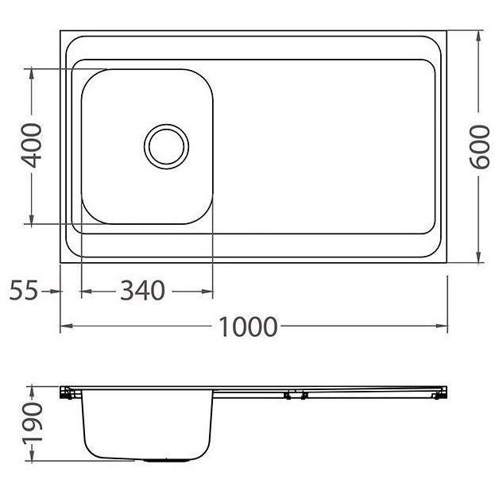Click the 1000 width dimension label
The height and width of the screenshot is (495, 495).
click(x=248, y=327)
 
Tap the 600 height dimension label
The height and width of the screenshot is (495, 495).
click(x=479, y=147)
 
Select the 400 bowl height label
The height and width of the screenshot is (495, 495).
click(x=31, y=145)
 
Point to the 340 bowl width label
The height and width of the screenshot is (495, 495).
click(x=143, y=291)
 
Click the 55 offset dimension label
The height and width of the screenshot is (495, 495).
click(x=24, y=290)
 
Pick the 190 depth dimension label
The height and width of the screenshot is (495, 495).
click(x=33, y=423)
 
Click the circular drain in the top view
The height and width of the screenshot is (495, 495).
click(x=166, y=147)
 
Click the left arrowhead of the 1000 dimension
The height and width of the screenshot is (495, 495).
click(x=67, y=326)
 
